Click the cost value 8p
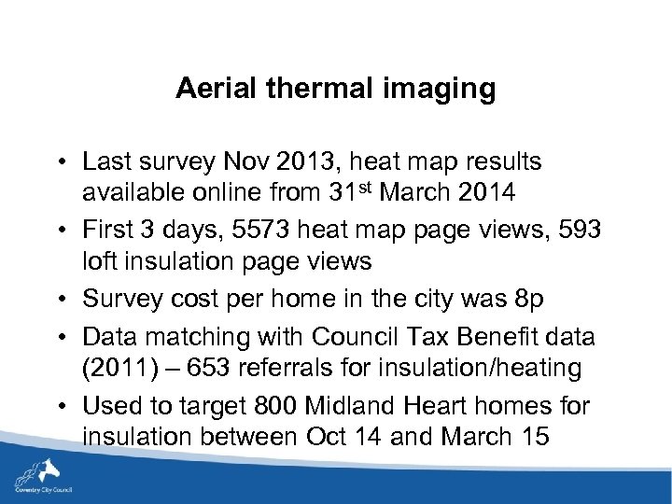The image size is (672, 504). [532, 299]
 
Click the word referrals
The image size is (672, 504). [290, 368]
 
